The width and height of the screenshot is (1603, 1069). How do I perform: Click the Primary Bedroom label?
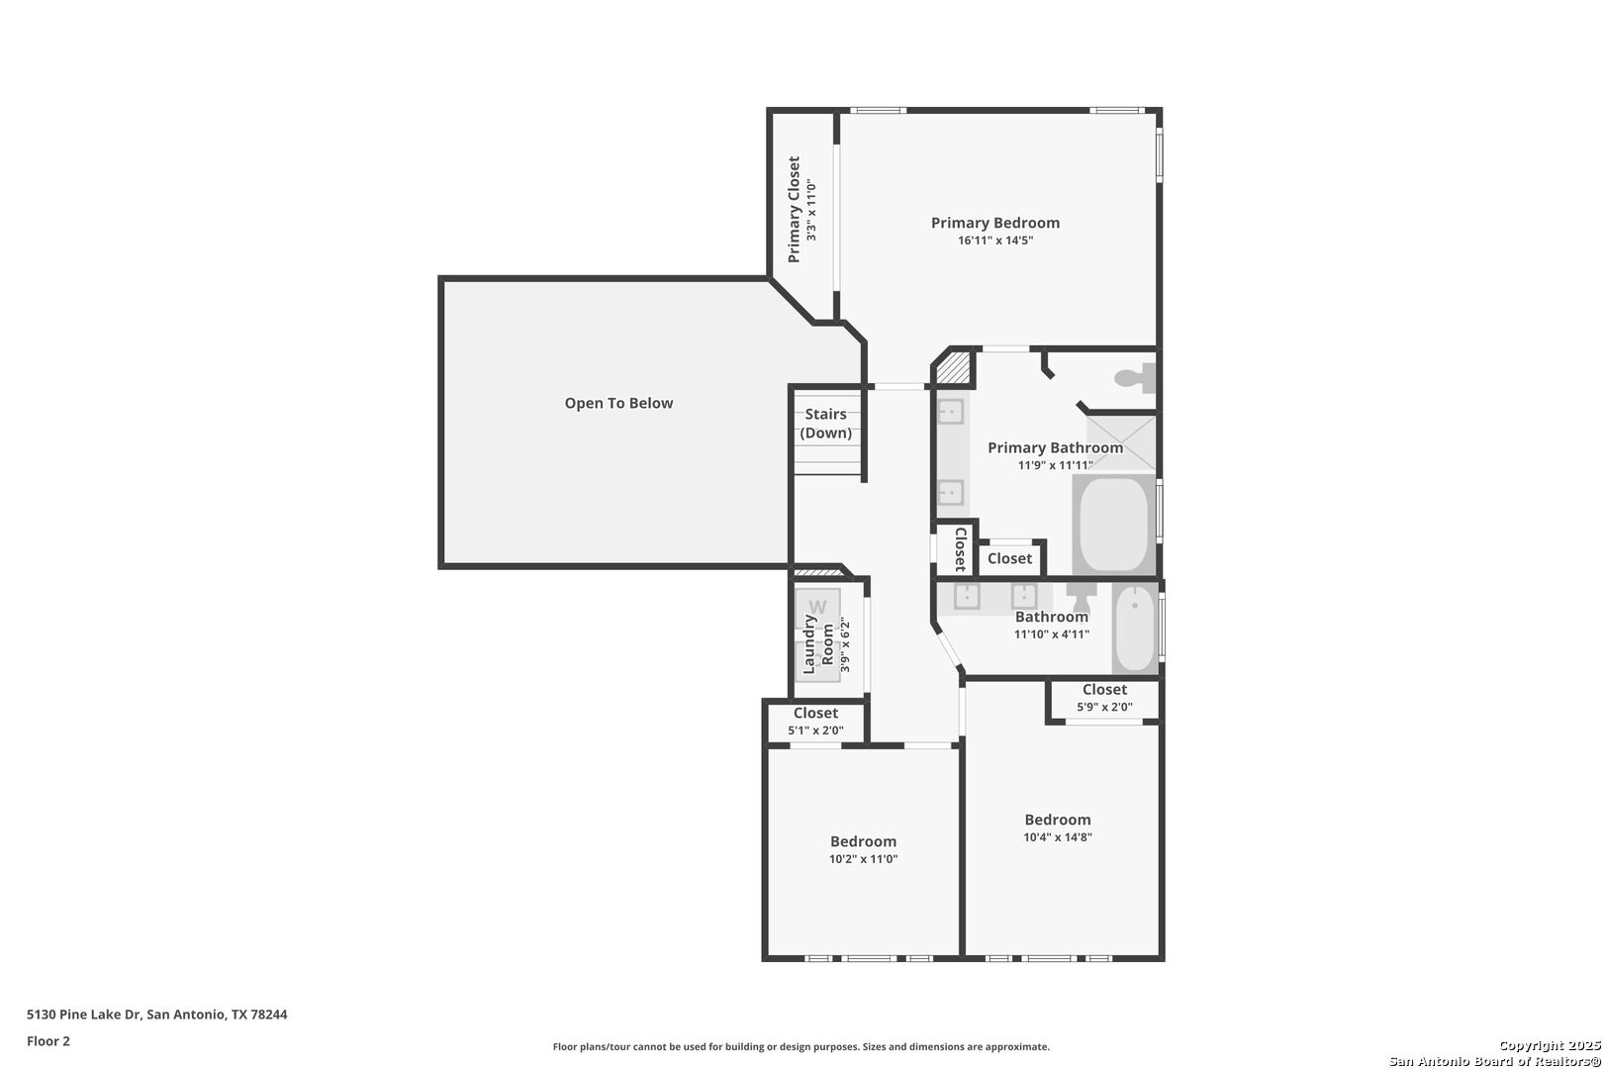click(x=994, y=223)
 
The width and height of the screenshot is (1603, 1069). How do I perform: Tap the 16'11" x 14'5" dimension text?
click(x=995, y=241)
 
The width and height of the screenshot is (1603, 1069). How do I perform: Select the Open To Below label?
click(x=619, y=403)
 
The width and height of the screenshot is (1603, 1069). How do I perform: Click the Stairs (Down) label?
click(x=826, y=424)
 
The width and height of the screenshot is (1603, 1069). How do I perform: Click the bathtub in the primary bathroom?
click(x=1113, y=525)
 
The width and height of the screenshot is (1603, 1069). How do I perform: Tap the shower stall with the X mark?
click(x=1122, y=443)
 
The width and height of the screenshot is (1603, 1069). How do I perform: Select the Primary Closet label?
click(x=794, y=209)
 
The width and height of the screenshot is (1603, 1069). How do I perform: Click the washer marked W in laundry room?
click(x=818, y=607)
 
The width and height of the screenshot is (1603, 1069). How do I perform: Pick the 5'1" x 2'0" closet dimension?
click(x=815, y=730)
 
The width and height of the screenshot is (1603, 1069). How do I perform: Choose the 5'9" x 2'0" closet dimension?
click(x=1105, y=707)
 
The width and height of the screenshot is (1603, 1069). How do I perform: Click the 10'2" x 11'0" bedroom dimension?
click(x=864, y=859)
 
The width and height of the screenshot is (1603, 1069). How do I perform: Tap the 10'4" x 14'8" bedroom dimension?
click(x=1058, y=837)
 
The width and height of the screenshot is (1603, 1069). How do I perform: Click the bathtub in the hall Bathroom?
click(x=1135, y=628)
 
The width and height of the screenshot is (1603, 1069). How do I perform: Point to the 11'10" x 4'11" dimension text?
click(x=1052, y=633)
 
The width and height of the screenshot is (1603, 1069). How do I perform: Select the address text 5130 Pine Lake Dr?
click(x=85, y=1015)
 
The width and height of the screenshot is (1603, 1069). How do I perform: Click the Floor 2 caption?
click(x=48, y=1041)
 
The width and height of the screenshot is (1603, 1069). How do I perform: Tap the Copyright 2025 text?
click(x=1550, y=1045)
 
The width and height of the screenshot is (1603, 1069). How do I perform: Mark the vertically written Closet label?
click(x=961, y=549)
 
